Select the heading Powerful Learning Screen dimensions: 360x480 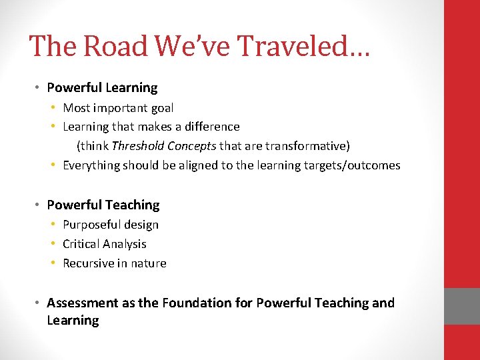tap(102, 87)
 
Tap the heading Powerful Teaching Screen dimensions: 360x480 tap(103, 205)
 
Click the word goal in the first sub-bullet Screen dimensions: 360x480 tap(163, 107)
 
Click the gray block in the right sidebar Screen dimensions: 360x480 tap(462, 306)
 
